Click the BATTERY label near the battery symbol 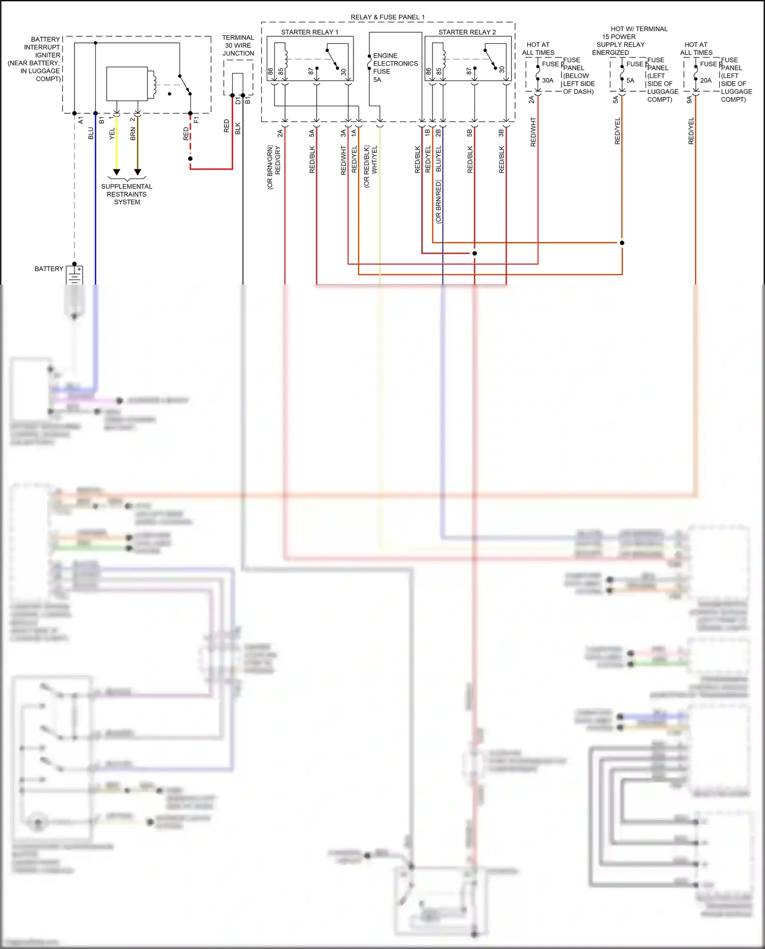49,269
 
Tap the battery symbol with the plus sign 74,276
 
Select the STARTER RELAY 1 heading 310,32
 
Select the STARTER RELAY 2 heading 467,32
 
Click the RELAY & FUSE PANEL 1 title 388,17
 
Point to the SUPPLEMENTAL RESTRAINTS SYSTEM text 126,194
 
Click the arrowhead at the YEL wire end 116,172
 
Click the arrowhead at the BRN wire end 137,172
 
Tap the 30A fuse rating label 548,81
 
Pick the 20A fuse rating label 706,81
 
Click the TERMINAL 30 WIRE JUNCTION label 238,45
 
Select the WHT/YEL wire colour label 374,160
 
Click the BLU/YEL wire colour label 438,158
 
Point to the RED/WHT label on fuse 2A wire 533,132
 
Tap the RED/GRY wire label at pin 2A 278,160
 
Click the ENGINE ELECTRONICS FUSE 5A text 395,67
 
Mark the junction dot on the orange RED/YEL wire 622,243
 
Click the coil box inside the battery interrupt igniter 127,84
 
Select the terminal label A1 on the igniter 81,120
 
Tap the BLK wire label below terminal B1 238,129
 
